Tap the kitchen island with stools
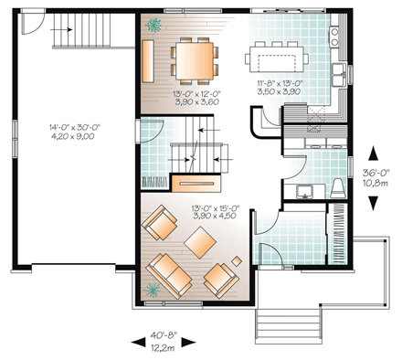coord(275,61)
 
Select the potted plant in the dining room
coord(153,23)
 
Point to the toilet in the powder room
coord(337,188)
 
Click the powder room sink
coord(306,190)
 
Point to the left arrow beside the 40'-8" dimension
coord(136,342)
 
